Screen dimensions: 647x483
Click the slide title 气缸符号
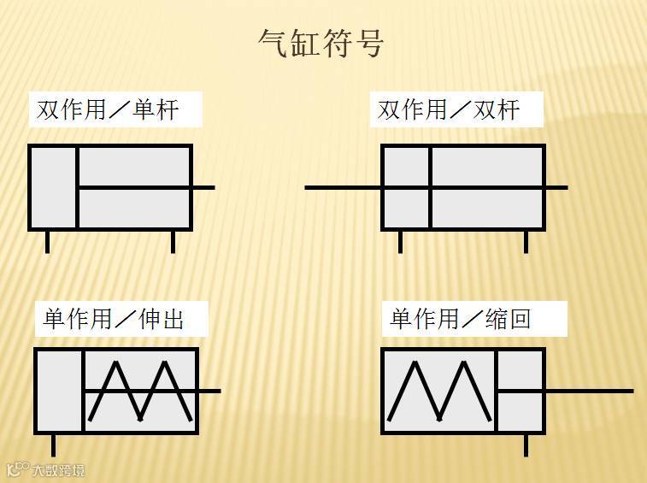click(x=321, y=42)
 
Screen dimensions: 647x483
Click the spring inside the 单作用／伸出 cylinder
click(x=139, y=391)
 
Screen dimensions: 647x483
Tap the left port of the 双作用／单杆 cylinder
click(x=47, y=242)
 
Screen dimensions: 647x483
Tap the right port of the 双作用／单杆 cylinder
click(x=173, y=242)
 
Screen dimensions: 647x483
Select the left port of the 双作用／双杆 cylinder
click(x=400, y=242)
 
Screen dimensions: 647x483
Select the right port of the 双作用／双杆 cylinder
click(x=526, y=242)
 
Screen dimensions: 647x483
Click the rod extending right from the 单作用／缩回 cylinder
click(x=590, y=391)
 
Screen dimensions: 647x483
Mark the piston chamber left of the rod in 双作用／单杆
click(x=53, y=187)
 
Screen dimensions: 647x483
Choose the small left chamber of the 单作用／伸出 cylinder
click(x=59, y=391)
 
